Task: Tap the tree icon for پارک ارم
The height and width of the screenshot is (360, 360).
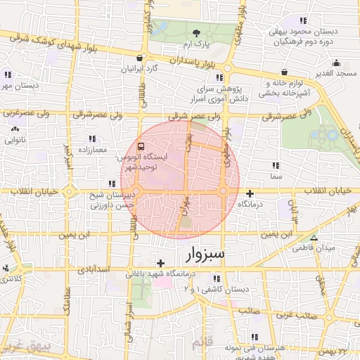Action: (196, 33)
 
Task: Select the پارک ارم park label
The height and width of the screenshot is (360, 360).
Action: (196, 44)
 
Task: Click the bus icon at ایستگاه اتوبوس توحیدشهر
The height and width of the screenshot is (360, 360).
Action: (141, 147)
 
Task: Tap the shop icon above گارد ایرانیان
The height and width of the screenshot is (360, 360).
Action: (141, 58)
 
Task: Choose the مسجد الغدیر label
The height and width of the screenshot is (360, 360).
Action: (337, 73)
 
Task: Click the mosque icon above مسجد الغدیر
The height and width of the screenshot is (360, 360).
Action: (337, 62)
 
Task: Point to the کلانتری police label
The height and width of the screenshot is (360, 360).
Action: (11, 278)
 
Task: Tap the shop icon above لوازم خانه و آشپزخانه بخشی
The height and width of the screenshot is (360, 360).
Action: (283, 71)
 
